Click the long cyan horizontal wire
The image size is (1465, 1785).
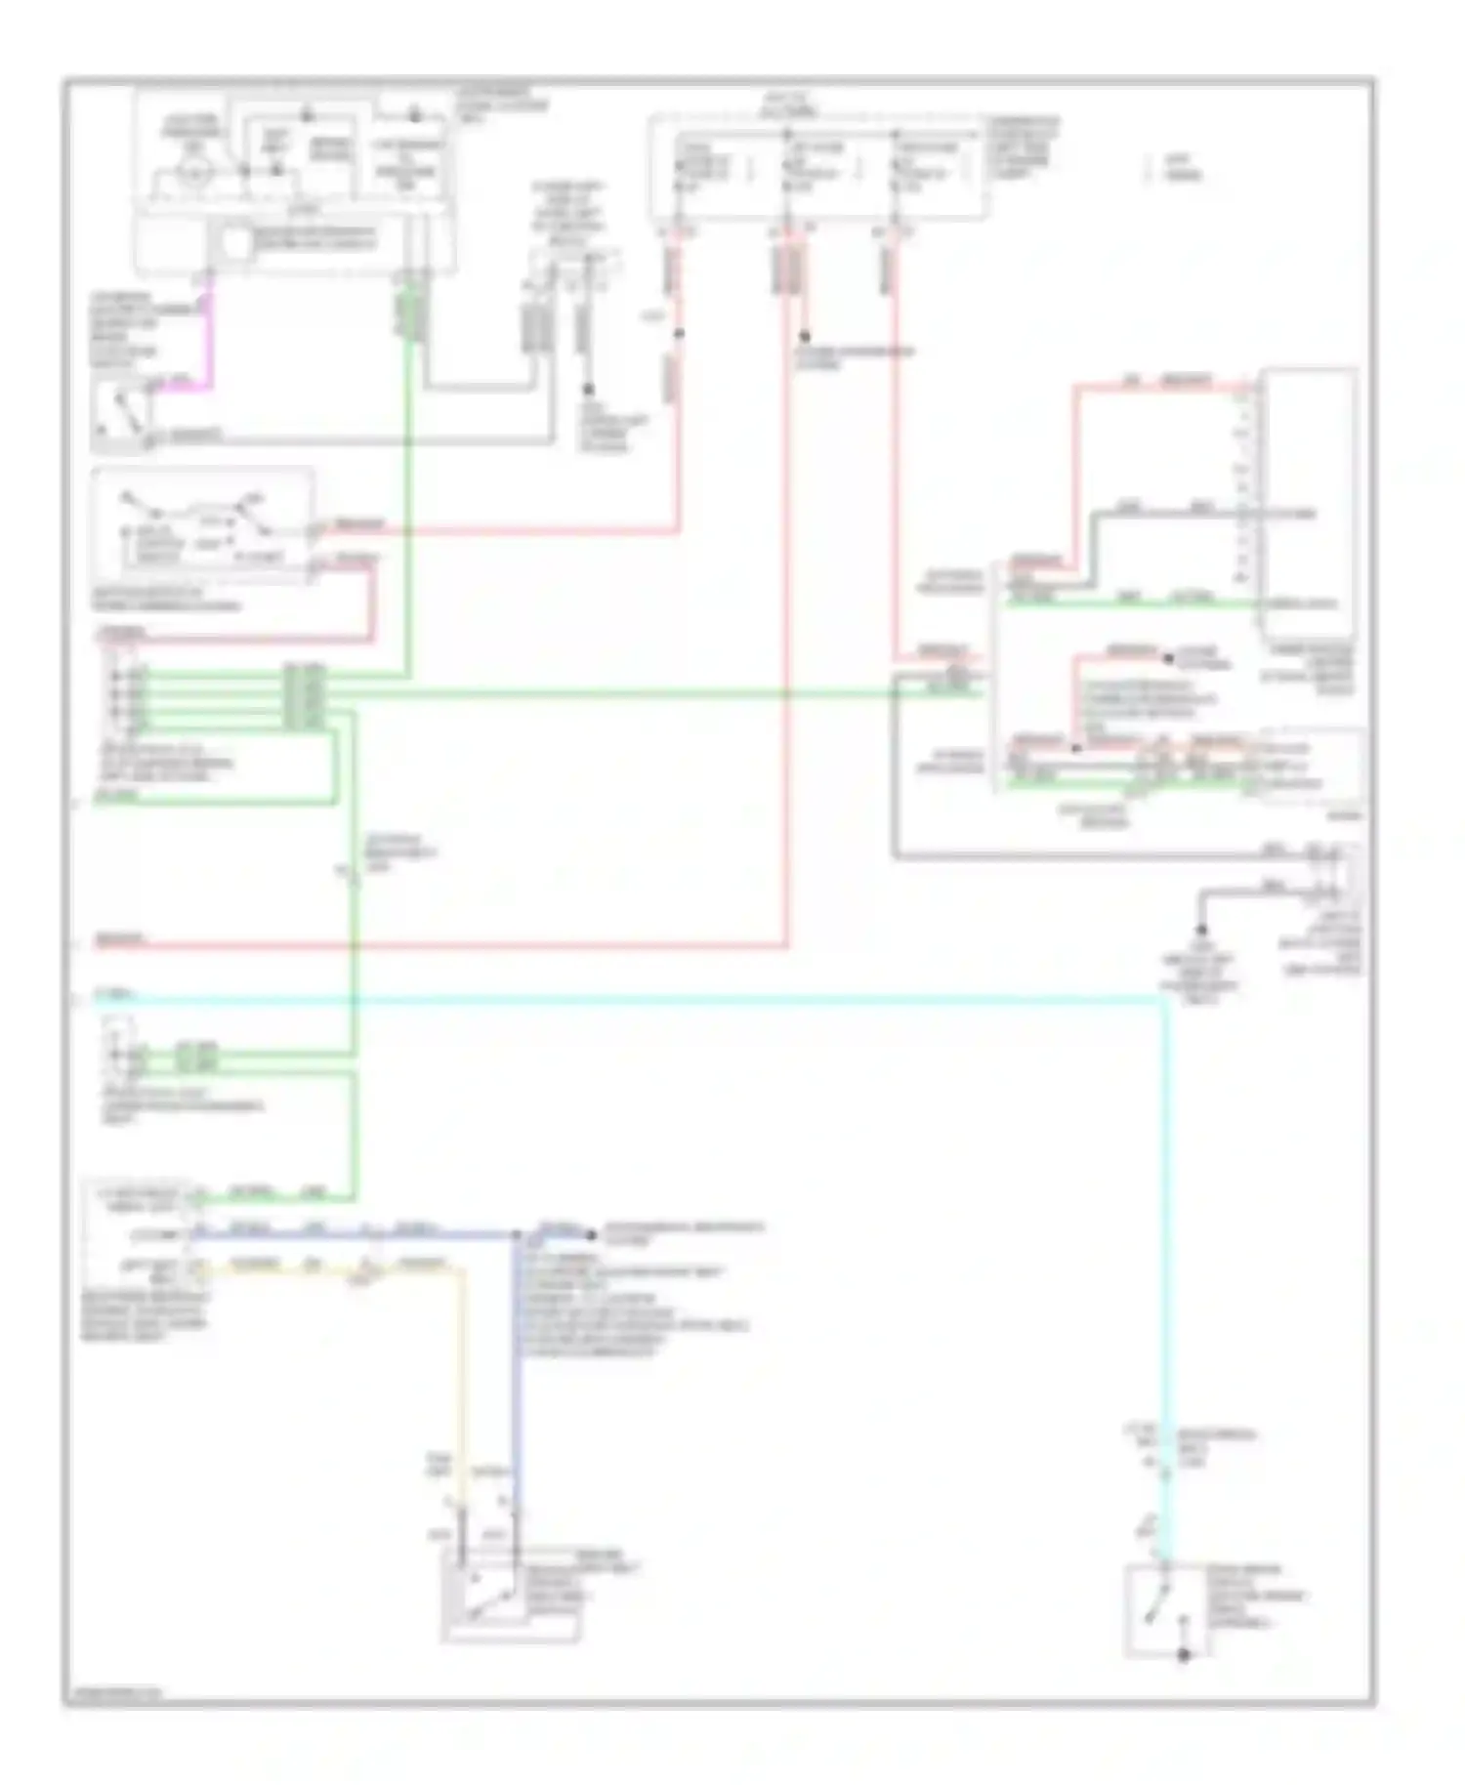point(635,999)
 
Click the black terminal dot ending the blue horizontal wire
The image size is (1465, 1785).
point(591,1235)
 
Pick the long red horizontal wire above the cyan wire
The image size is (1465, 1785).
point(439,945)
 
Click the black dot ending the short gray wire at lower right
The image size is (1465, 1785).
point(1201,930)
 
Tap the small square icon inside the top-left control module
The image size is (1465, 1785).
point(236,245)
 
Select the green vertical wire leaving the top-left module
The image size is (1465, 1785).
point(407,488)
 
